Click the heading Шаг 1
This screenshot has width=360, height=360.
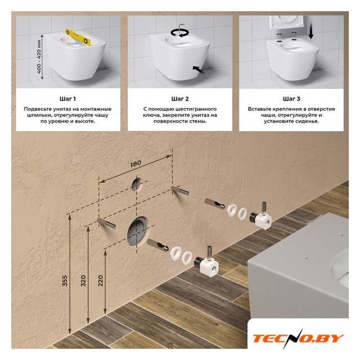[x=67, y=99]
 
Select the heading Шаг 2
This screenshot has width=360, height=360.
[x=180, y=99]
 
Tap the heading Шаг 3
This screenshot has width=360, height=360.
[x=291, y=99]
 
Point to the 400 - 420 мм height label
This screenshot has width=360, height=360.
[x=39, y=57]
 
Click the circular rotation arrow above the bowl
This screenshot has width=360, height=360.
[x=179, y=33]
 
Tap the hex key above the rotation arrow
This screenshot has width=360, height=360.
[x=181, y=26]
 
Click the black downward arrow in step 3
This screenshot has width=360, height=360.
[x=311, y=30]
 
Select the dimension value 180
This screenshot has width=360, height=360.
[x=136, y=164]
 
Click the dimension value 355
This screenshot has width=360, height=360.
[x=65, y=281]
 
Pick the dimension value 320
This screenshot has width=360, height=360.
[x=83, y=281]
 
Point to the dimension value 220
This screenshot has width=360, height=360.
[x=101, y=281]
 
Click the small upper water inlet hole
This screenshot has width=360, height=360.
[x=137, y=184]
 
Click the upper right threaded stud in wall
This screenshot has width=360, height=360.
[x=180, y=191]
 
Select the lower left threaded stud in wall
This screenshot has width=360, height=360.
[x=106, y=223]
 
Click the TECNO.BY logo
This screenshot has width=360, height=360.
[x=298, y=339]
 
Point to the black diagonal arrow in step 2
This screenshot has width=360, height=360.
[x=199, y=70]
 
